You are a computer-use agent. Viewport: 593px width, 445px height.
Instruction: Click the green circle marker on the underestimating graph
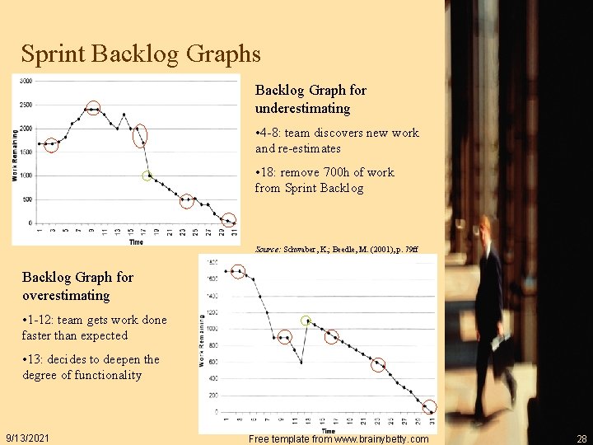[x=147, y=176]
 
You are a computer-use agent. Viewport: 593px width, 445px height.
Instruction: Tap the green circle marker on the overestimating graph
[x=306, y=321]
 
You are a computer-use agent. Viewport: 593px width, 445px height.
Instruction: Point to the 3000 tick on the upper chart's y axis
[x=26, y=81]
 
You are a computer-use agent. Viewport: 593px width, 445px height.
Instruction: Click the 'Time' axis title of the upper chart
[x=136, y=242]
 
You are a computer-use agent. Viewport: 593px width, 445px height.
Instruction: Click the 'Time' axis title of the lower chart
[x=328, y=430]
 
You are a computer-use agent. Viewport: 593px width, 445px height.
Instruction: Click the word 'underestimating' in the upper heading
[x=302, y=109]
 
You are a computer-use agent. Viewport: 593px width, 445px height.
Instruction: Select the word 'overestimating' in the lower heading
[x=66, y=295]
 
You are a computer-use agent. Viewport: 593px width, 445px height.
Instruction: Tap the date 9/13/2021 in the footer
[x=28, y=438]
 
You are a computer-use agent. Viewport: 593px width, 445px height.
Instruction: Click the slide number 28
[x=581, y=438]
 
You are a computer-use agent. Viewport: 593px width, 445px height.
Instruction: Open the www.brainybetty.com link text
[x=367, y=439]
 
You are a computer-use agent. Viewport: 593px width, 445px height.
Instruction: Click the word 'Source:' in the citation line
[x=268, y=248]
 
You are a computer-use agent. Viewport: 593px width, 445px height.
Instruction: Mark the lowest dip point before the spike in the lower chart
[x=301, y=362]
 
